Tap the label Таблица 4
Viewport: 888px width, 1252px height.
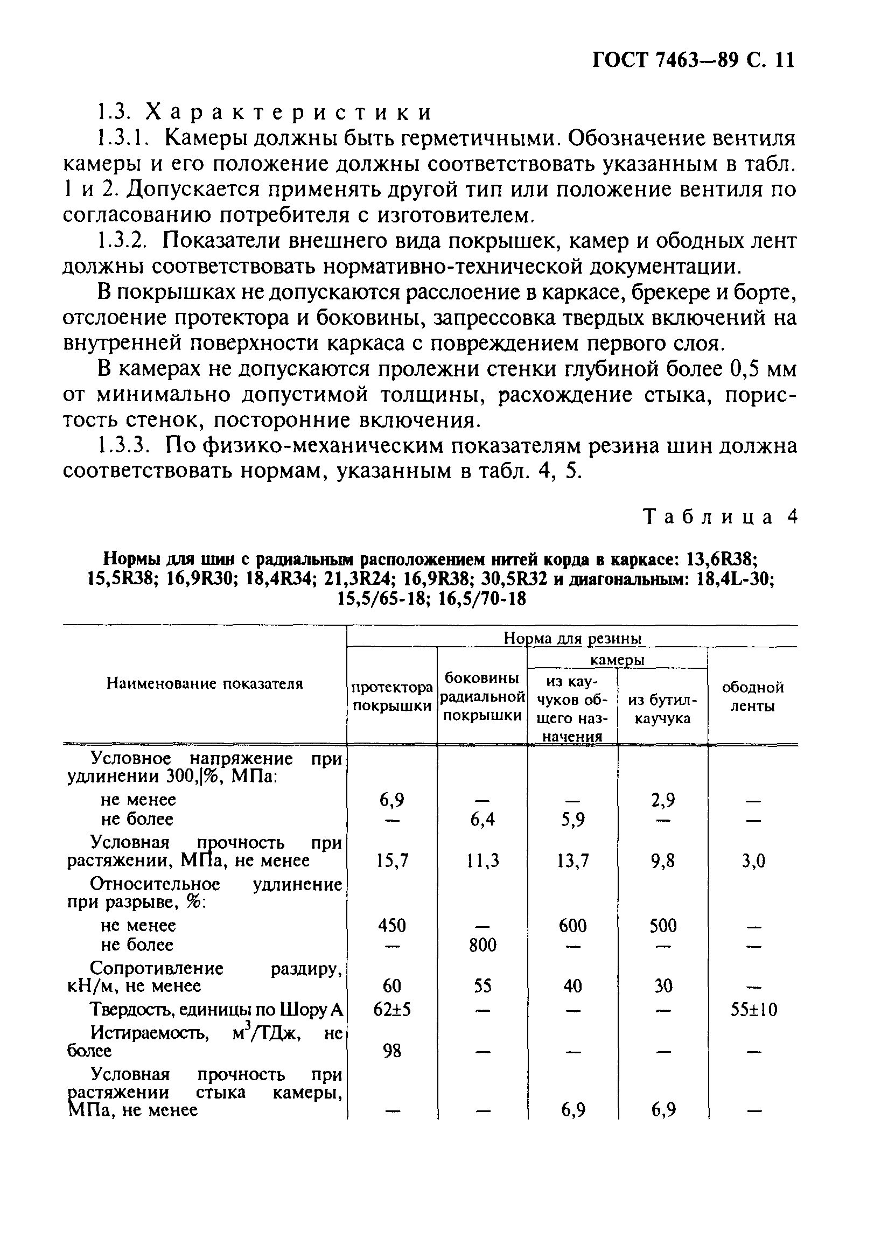tap(721, 517)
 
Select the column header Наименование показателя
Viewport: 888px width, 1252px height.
tap(205, 683)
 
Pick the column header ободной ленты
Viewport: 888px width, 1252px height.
tap(753, 696)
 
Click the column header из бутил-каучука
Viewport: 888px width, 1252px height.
tap(663, 709)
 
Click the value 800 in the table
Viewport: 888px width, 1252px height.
tap(483, 945)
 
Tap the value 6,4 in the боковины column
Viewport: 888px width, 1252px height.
tap(483, 820)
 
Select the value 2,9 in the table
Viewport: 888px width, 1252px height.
tap(663, 800)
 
